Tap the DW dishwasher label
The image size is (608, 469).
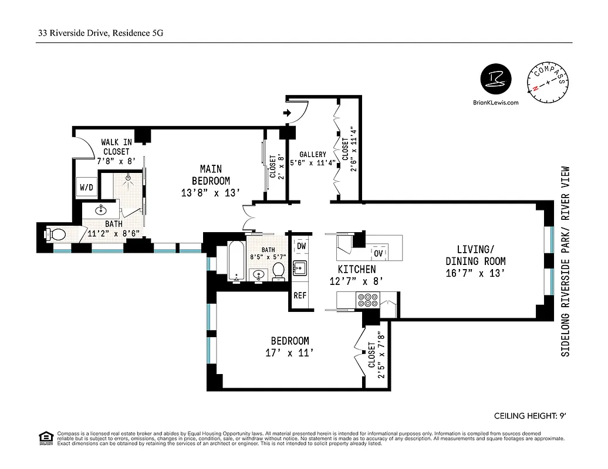coord(301,246)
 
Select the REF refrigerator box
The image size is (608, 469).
coord(300,295)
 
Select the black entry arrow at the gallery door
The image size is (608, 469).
coord(288,113)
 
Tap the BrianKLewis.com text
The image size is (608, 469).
coord(496,102)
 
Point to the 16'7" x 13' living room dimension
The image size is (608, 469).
coord(475,273)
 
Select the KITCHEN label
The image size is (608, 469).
coord(357,270)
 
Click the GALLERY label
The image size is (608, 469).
coord(312,155)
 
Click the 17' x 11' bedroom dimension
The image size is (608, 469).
coord(289,352)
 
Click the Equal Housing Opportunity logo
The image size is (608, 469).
coord(44,437)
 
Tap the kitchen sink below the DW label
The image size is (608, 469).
coord(300,268)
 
